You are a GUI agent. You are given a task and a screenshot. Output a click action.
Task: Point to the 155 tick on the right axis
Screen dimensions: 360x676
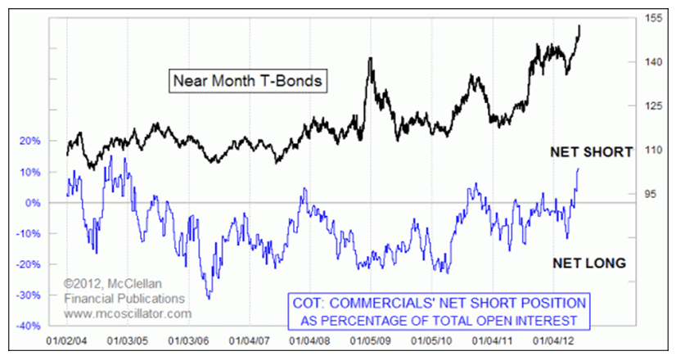pos(652,17)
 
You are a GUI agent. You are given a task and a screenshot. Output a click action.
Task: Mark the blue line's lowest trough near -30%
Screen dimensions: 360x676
pos(210,297)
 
